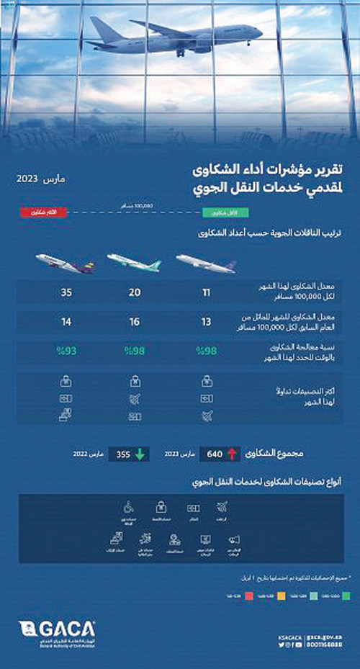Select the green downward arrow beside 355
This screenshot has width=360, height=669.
139,454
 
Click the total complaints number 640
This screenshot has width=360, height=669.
215,454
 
